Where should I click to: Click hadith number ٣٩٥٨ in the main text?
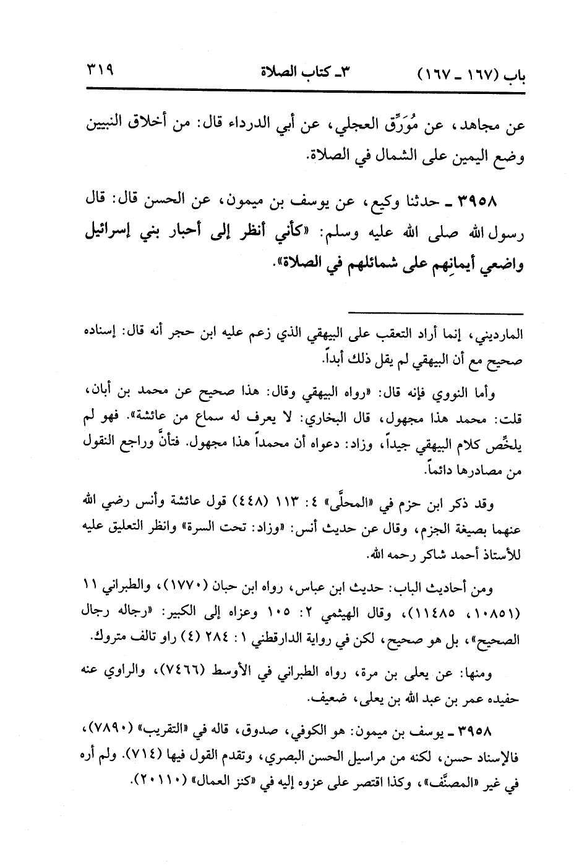pos(478,202)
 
